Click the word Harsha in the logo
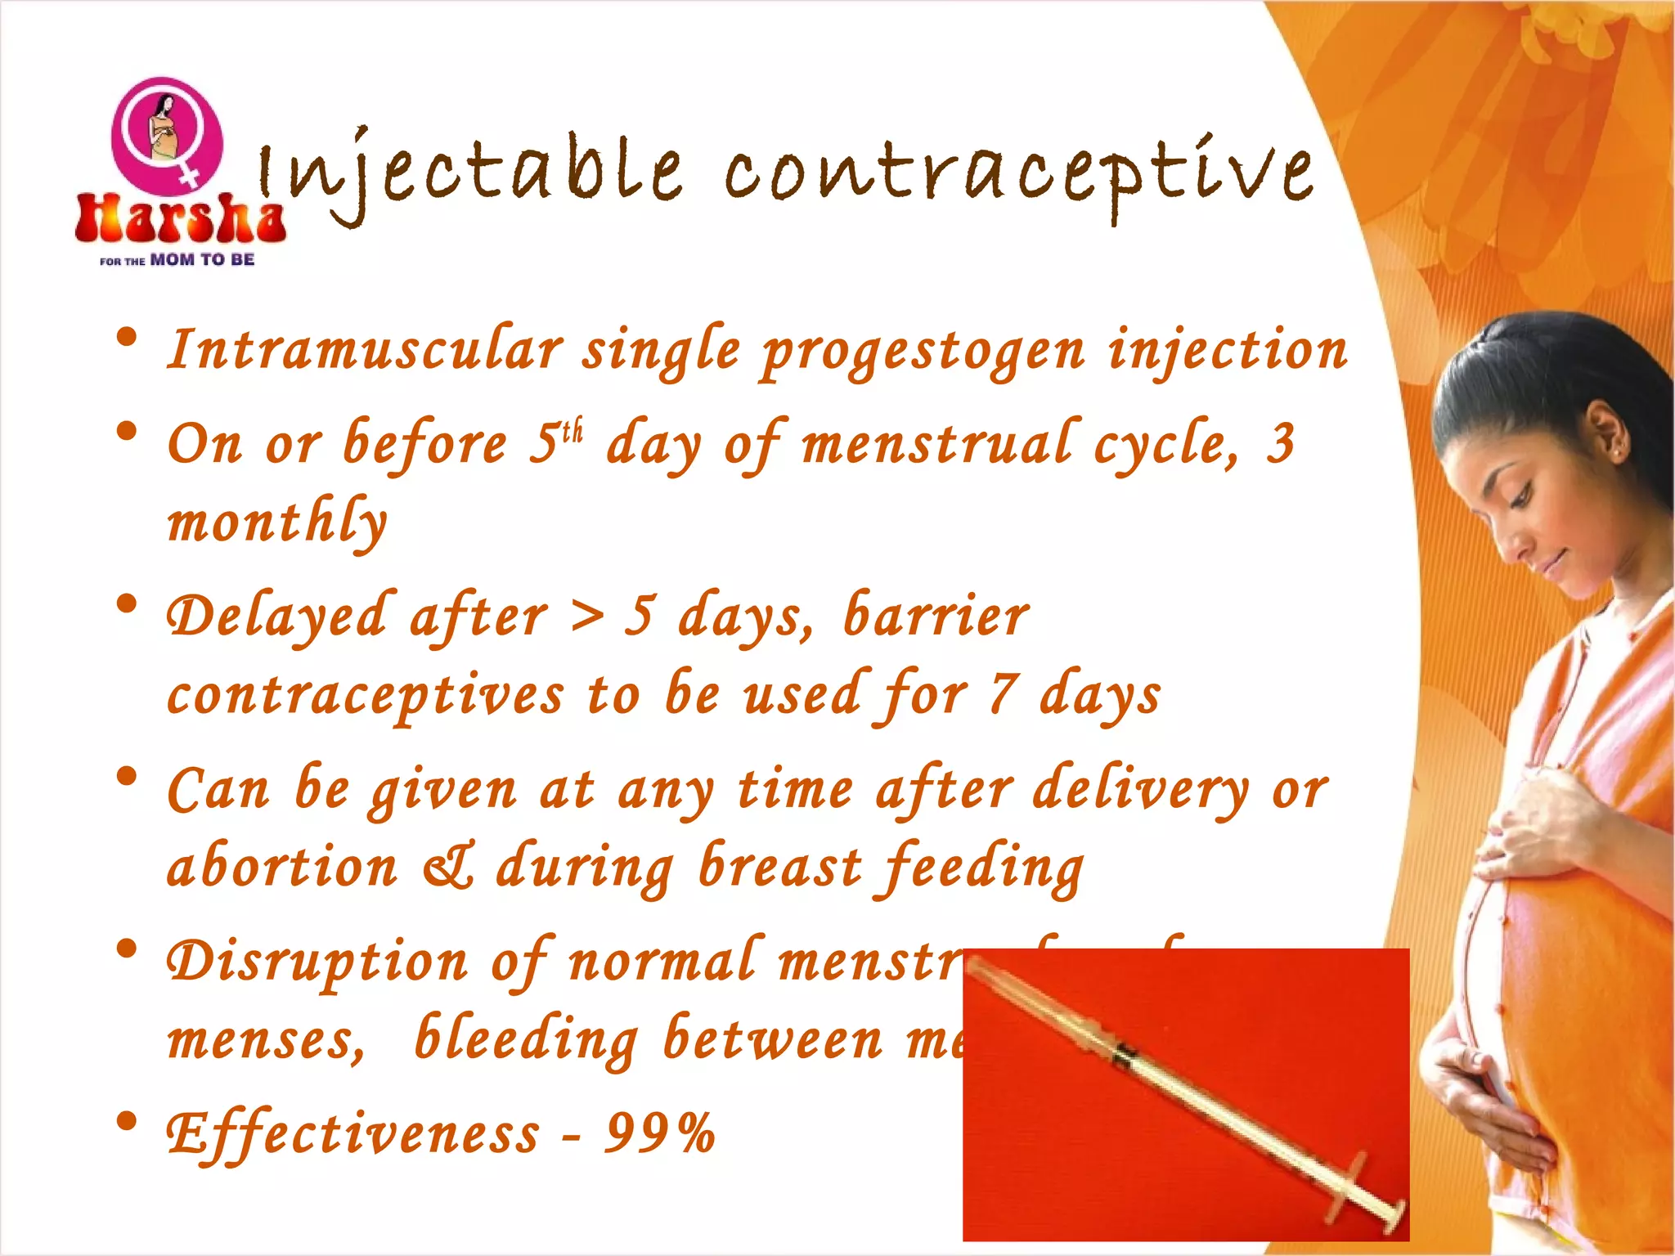pos(180,219)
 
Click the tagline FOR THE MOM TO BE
pos(177,260)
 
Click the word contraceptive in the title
pos(1019,173)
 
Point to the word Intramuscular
pos(365,350)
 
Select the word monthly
pos(276,523)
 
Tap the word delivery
pos(1140,790)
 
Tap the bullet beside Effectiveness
pos(127,1122)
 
